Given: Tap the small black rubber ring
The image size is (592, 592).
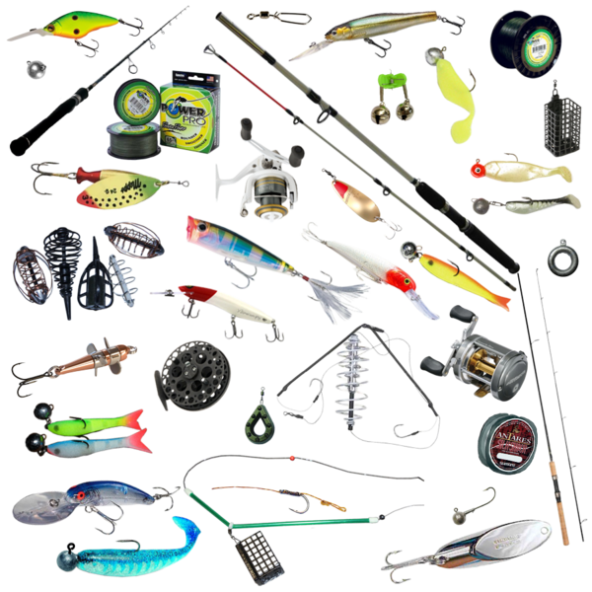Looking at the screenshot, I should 558,258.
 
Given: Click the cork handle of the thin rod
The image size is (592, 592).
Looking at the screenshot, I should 563,518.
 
